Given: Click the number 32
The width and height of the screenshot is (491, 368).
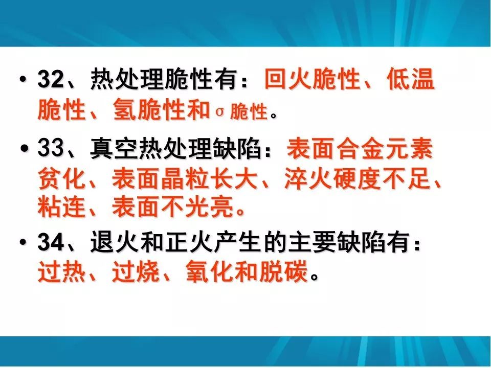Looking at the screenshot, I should pos(50,81).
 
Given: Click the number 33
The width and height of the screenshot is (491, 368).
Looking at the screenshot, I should pos(50,151).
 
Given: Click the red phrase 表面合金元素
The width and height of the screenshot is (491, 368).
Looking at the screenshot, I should pos(360,151).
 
